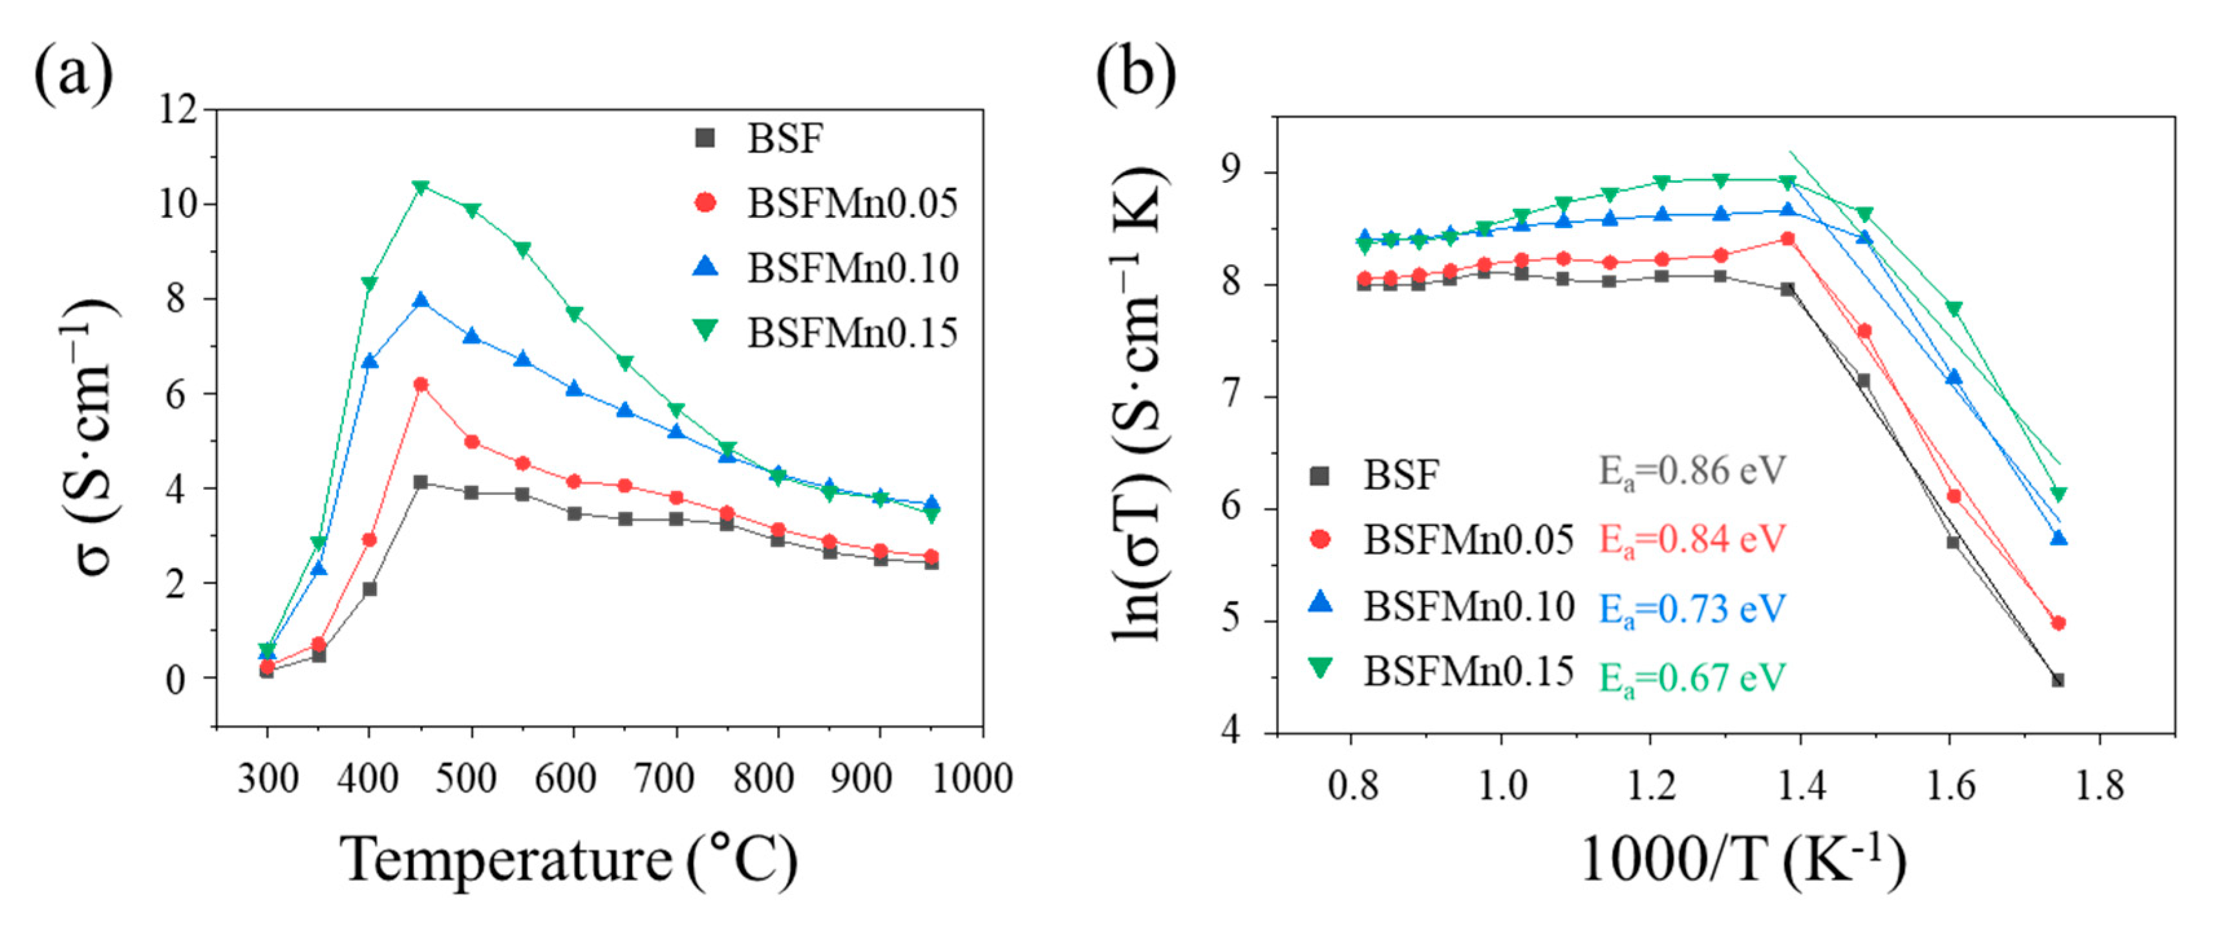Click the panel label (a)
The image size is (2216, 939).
(x=73, y=72)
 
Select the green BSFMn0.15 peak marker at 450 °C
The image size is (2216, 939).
(x=421, y=187)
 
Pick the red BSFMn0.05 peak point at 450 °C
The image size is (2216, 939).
(x=421, y=385)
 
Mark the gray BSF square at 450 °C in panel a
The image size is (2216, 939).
(x=421, y=482)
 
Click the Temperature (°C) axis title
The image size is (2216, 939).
(x=568, y=860)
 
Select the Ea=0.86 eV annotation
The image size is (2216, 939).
(x=1691, y=472)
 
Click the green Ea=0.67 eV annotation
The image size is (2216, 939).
(x=1691, y=679)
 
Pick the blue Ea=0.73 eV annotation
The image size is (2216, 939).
(x=1691, y=609)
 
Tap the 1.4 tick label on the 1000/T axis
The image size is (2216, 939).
(x=1800, y=786)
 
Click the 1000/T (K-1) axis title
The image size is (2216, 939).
(x=1743, y=860)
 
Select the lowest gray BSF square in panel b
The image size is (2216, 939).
(x=2058, y=680)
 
